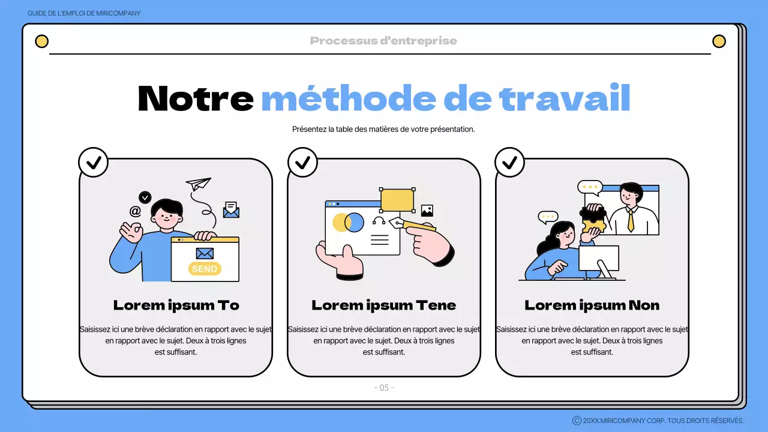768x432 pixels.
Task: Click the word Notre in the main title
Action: point(196,98)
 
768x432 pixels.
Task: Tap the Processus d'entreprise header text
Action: point(383,41)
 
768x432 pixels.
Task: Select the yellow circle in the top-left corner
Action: point(41,41)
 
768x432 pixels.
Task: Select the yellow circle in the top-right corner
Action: point(718,41)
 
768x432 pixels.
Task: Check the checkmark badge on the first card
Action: point(94,162)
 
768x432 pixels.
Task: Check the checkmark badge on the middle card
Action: point(302,162)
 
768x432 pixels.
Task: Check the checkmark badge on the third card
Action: point(509,162)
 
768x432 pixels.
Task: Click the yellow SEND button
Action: point(205,269)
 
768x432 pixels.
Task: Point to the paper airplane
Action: point(199,183)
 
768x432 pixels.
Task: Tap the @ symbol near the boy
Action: point(136,211)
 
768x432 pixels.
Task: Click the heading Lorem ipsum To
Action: point(176,305)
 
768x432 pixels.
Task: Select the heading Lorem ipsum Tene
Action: point(383,305)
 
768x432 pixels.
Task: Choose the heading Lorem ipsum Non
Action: point(592,305)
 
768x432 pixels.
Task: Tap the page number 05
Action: point(384,388)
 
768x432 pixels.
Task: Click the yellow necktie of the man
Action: point(631,221)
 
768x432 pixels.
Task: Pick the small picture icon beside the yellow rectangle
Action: point(427,211)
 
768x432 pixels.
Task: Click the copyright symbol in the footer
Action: point(577,421)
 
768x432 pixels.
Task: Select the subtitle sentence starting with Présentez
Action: point(383,129)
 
